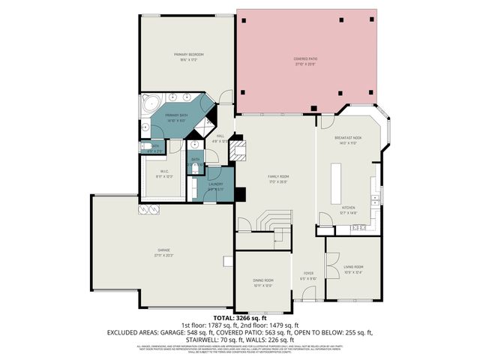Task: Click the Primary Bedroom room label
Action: click(189, 55)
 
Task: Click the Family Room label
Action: click(278, 178)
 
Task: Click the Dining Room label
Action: click(262, 280)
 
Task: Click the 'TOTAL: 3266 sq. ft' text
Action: click(239, 319)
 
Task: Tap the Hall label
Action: click(220, 136)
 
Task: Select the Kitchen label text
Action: click(349, 210)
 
